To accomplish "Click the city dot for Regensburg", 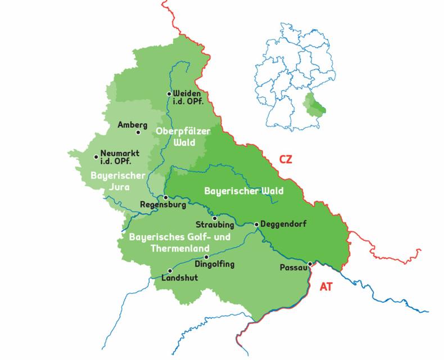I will tap(166, 197).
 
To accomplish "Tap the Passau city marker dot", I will tap(310, 263).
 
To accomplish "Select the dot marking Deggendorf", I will tap(257, 224).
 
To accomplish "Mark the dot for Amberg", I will tap(138, 133).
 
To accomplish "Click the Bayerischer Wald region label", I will tap(244, 191).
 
